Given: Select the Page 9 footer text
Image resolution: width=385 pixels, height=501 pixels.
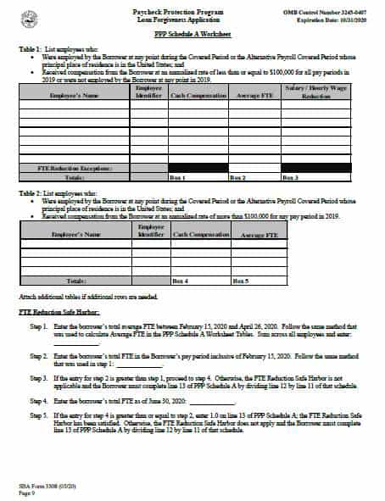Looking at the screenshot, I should (27, 491).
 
